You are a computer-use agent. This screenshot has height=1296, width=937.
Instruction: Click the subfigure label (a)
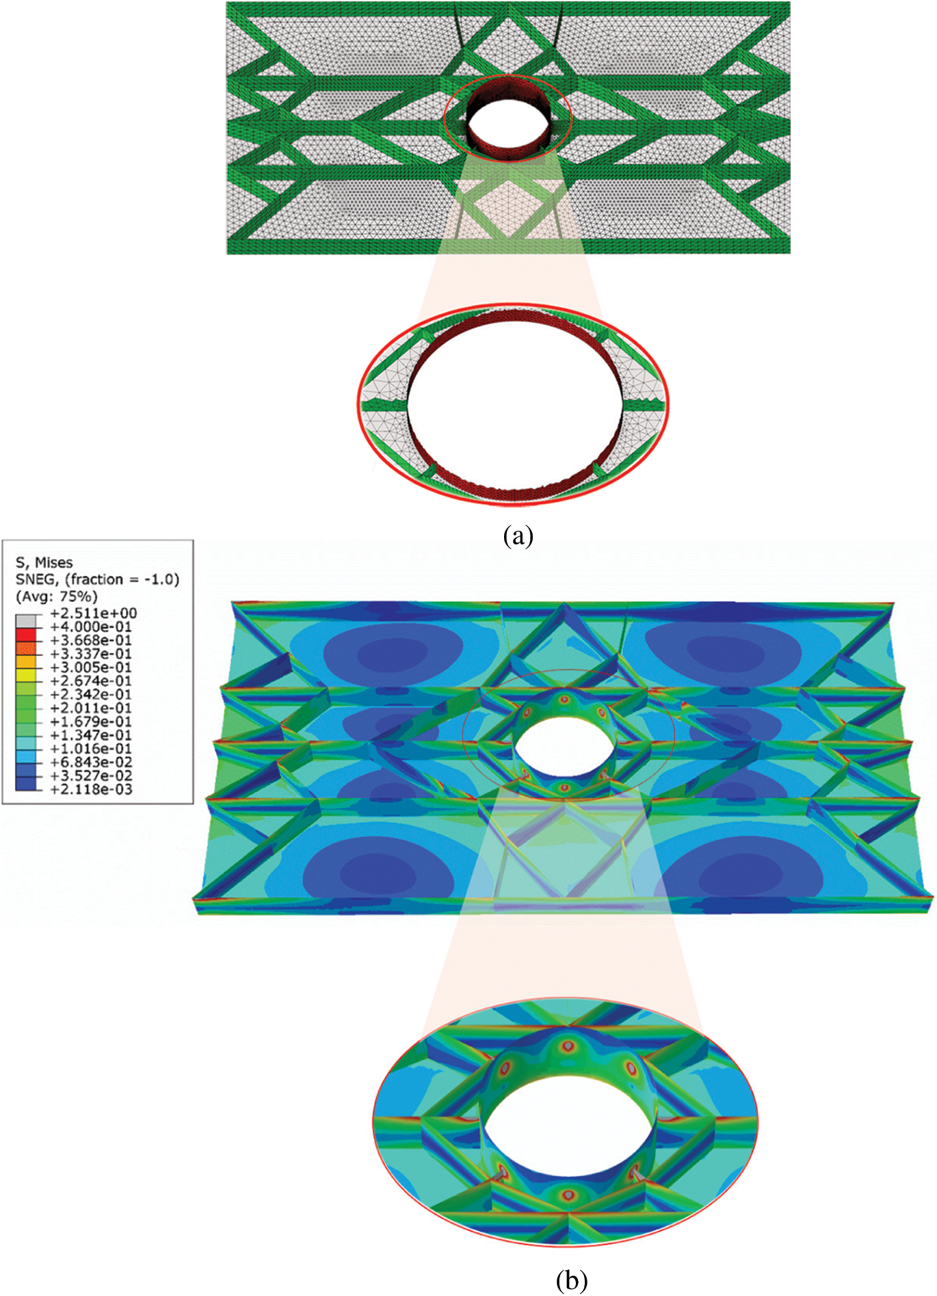point(518,535)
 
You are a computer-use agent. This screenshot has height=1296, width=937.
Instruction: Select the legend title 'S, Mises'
point(44,562)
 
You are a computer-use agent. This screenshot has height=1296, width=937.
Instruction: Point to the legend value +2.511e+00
point(94,613)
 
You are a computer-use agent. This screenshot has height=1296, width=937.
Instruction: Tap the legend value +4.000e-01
point(91,626)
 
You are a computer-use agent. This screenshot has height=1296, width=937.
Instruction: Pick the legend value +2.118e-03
point(91,789)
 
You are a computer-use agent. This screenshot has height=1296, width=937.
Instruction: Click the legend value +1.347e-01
point(91,735)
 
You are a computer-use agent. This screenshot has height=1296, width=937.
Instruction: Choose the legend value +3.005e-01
point(91,667)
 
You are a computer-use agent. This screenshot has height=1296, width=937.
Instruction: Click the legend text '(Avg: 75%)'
point(56,596)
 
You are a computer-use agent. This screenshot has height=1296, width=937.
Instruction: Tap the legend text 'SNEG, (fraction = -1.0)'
point(97,579)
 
